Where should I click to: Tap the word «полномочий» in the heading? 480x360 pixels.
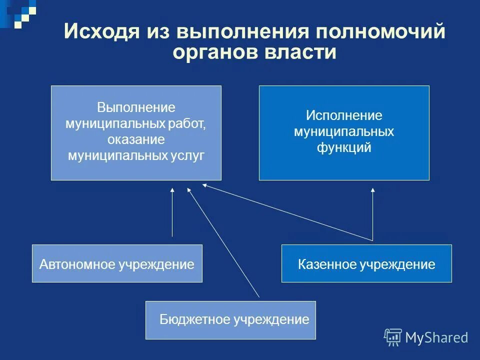pyautogui.click(x=380, y=32)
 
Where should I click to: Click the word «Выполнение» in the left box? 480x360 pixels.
pyautogui.click(x=136, y=107)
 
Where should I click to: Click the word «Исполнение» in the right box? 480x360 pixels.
pyautogui.click(x=344, y=116)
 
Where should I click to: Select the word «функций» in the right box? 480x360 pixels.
pyautogui.click(x=344, y=148)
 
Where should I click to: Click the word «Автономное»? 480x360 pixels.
pyautogui.click(x=77, y=264)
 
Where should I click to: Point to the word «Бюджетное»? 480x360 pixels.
pyautogui.click(x=195, y=319)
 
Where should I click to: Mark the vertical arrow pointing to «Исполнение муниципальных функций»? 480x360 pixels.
pyautogui.click(x=372, y=212)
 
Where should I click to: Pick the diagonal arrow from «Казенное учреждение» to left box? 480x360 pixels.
pyautogui.click(x=287, y=212)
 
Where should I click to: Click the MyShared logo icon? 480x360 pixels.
pyautogui.click(x=392, y=337)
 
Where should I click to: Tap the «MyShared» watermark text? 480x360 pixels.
pyautogui.click(x=436, y=337)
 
